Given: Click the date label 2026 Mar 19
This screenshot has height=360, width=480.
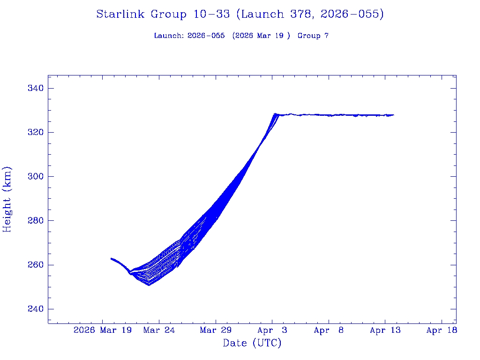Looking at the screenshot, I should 103,330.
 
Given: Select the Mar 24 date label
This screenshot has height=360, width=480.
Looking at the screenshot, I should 159,330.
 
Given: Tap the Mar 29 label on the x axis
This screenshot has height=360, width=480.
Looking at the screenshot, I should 216,330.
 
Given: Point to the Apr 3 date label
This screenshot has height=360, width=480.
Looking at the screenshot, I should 272,330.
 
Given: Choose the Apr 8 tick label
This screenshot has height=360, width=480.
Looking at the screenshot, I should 329,330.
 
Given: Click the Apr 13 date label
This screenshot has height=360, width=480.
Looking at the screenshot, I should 385,330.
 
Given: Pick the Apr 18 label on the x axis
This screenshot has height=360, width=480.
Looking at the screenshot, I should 442,330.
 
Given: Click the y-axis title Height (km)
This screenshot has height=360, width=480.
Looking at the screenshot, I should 7,199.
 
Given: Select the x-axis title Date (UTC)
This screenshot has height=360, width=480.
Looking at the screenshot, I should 252,344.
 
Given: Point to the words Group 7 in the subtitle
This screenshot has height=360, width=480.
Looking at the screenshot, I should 313,36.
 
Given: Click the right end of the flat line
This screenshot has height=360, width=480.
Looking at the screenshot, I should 393,115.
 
